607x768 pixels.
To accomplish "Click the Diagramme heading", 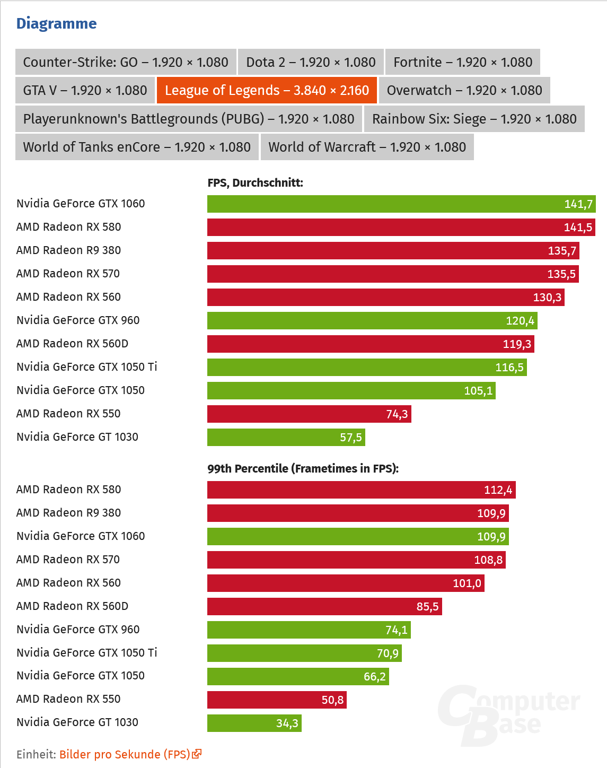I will pyautogui.click(x=56, y=23).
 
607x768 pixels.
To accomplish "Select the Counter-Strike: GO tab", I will pyautogui.click(x=126, y=63).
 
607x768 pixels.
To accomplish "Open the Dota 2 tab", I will pyautogui.click(x=311, y=63).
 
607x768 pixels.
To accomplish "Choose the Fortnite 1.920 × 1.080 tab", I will pyautogui.click(x=462, y=63).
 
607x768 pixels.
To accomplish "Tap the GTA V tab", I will pyautogui.click(x=85, y=91).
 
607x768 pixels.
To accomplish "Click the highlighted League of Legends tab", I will pyautogui.click(x=267, y=91).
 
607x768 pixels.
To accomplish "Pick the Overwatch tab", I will pyautogui.click(x=464, y=91).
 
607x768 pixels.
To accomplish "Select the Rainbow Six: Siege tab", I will pyautogui.click(x=474, y=119).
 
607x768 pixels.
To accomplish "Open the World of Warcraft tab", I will pyautogui.click(x=367, y=147).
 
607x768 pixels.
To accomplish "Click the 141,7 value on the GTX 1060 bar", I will pyautogui.click(x=578, y=204).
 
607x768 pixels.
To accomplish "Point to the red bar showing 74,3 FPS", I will pyautogui.click(x=309, y=414).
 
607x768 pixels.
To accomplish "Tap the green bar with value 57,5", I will pyautogui.click(x=286, y=438).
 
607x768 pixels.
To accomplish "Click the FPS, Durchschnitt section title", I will pyautogui.click(x=255, y=183).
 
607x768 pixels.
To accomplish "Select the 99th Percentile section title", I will pyautogui.click(x=303, y=469).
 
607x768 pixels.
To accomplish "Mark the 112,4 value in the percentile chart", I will pyautogui.click(x=498, y=490).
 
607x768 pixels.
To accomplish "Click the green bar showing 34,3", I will pyautogui.click(x=254, y=723).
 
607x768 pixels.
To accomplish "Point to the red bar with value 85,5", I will pyautogui.click(x=324, y=607).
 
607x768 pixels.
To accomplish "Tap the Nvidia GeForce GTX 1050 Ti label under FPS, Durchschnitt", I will pyautogui.click(x=86, y=367).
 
